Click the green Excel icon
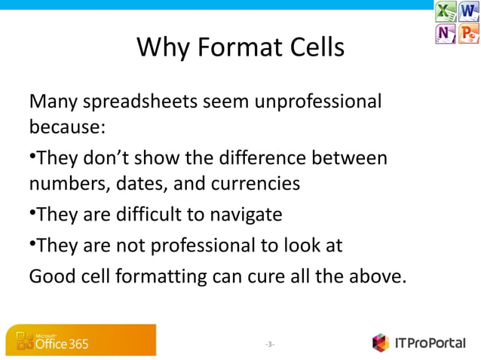pyautogui.click(x=446, y=12)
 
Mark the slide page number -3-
pyautogui.click(x=270, y=344)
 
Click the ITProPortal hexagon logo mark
pyautogui.click(x=381, y=343)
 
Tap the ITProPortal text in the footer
pyautogui.click(x=430, y=343)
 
